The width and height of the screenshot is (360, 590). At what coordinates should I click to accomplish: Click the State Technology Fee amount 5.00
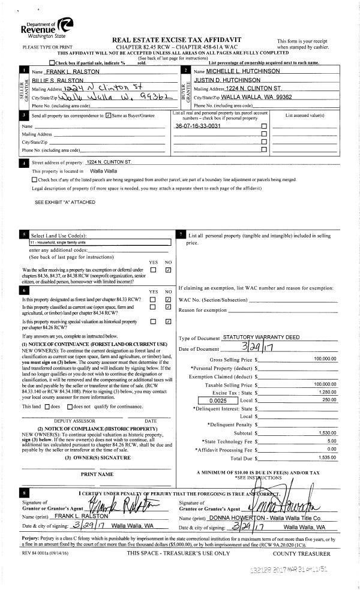331,441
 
